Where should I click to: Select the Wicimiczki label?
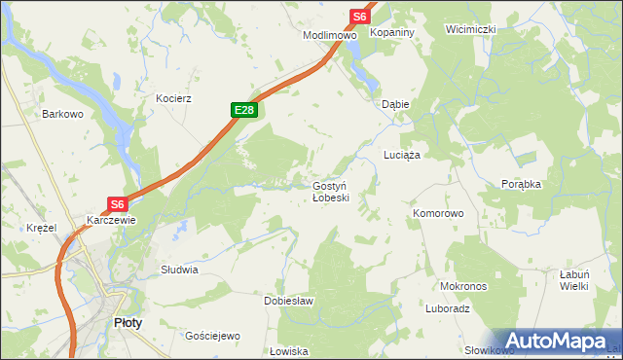point(471,29)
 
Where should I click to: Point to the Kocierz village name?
point(173,98)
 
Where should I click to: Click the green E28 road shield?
point(244,111)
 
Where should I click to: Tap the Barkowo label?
point(61,114)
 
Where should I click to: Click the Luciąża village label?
point(401,155)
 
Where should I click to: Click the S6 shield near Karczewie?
point(117,204)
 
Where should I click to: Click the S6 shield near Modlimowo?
point(360,17)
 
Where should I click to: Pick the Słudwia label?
point(179,270)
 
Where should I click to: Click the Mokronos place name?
point(463,287)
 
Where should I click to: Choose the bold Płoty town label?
point(127,322)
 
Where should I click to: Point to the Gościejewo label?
point(212,336)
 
